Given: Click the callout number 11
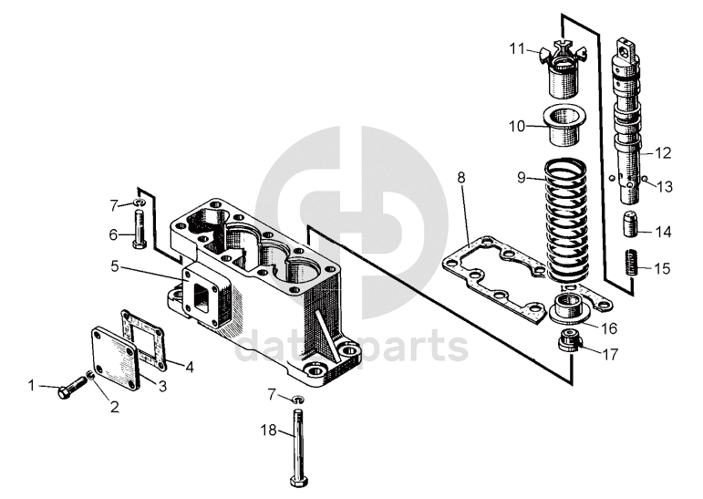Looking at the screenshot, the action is click(516, 48).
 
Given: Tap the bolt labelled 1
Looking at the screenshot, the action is click(67, 390).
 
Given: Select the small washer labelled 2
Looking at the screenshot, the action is click(91, 375).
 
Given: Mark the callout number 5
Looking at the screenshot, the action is click(115, 267).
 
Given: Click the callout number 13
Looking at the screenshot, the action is click(663, 186).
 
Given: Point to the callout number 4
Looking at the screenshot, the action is click(189, 369).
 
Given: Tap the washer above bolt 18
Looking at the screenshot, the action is click(299, 400).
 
